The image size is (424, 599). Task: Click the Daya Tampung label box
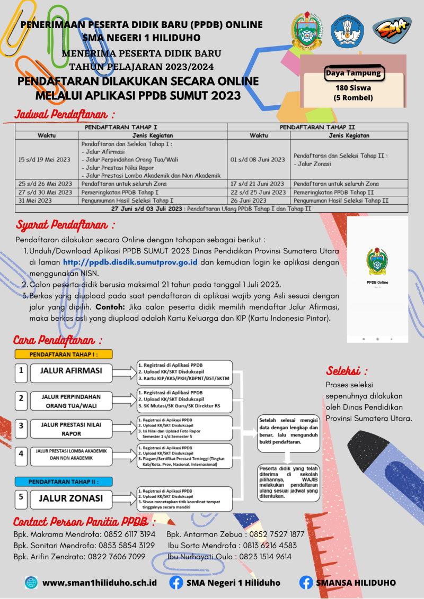pyautogui.click(x=353, y=73)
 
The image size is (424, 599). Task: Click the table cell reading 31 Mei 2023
pyautogui.click(x=36, y=201)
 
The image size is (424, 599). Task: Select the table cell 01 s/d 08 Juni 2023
pyautogui.click(x=258, y=159)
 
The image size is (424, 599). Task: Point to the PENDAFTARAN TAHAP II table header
pyautogui.click(x=317, y=127)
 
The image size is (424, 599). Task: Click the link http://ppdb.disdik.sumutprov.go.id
pyautogui.click(x=130, y=261)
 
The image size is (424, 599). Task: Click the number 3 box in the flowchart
pyautogui.click(x=21, y=425)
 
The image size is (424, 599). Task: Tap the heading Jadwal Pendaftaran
pyautogui.click(x=65, y=114)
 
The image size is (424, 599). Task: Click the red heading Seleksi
pyautogui.click(x=347, y=370)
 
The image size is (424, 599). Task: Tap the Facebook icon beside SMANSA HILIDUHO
pyautogui.click(x=306, y=583)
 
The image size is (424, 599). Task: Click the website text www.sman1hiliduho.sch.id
pyautogui.click(x=100, y=583)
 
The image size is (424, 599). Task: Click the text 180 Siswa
pyautogui.click(x=353, y=88)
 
